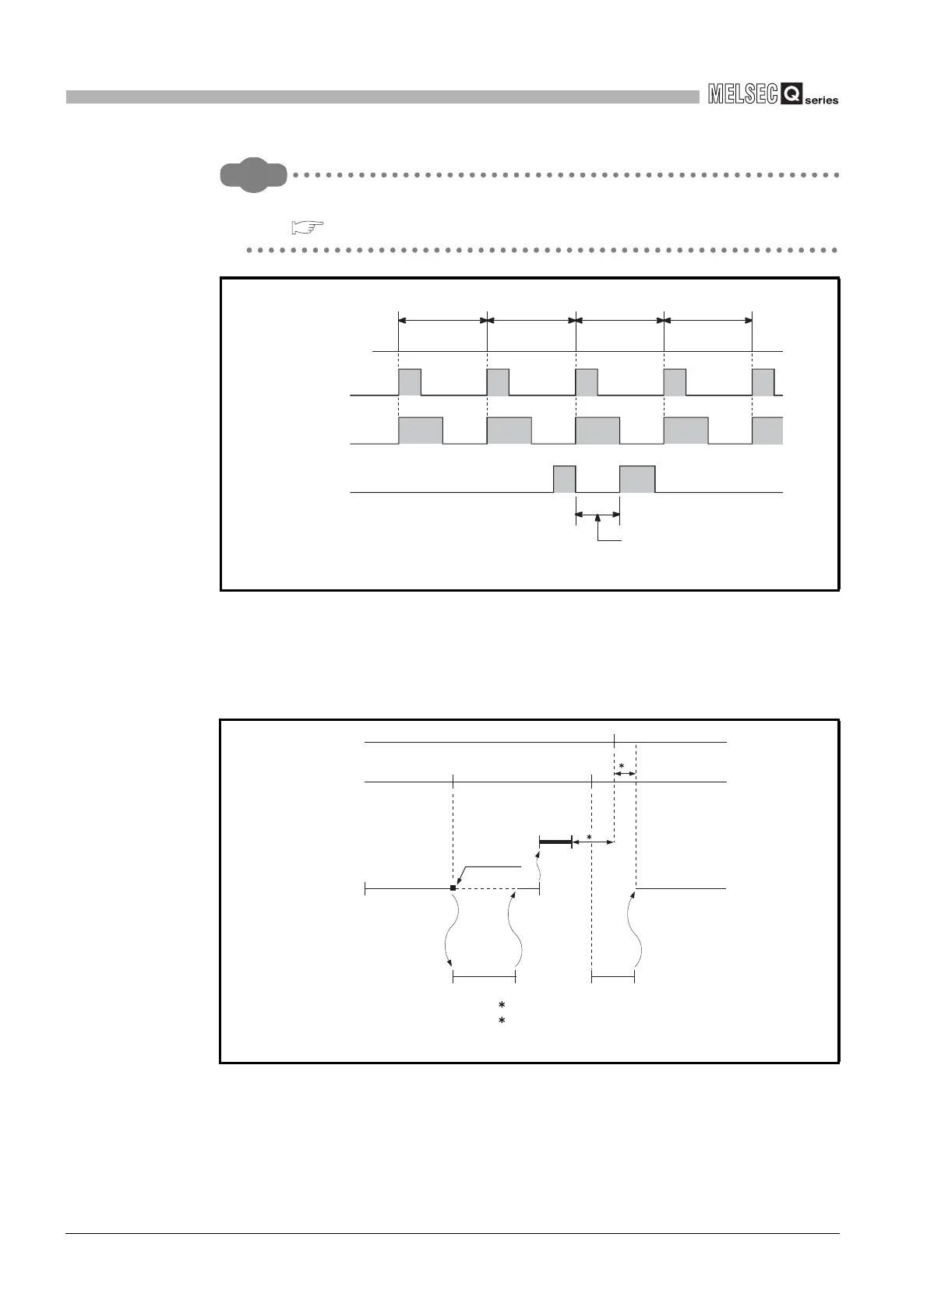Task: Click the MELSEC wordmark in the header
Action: pos(743,95)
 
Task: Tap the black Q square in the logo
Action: pos(791,95)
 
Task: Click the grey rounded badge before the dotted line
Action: pos(253,175)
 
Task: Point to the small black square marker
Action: pos(453,887)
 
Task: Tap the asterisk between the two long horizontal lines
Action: pos(622,767)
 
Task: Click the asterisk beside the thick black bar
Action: pos(589,838)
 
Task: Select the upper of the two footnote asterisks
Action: pos(502,1005)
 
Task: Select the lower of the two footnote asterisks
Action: pos(502,1020)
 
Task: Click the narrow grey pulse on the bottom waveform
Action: pos(564,479)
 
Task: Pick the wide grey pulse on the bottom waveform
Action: pos(637,479)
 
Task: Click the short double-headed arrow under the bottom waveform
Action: pos(597,514)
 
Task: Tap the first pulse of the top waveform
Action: pos(410,382)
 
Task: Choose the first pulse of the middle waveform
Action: pos(421,431)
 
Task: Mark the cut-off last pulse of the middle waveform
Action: pos(767,431)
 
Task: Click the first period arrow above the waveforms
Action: pos(442,319)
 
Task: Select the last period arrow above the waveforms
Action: pos(708,319)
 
